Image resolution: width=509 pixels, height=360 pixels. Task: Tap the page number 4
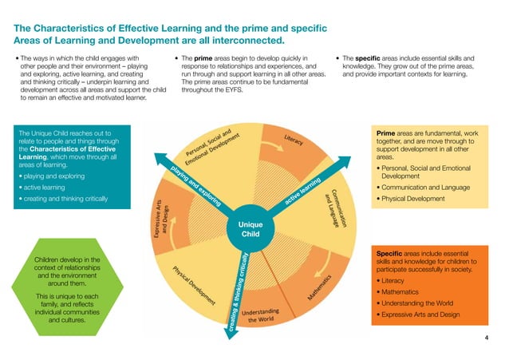click(487, 338)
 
